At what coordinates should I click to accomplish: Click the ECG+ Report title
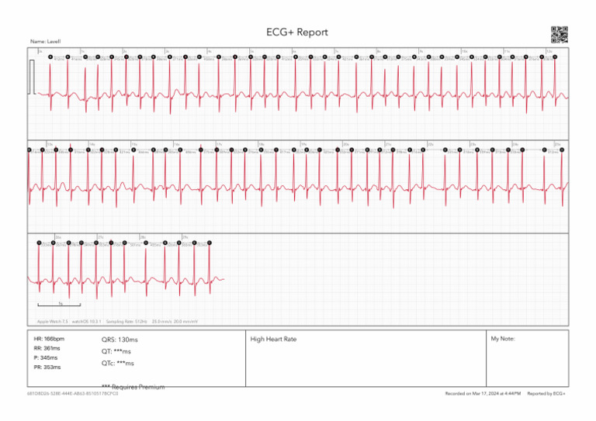297,33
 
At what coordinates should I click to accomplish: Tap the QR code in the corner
559,34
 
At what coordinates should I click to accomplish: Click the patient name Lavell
46,41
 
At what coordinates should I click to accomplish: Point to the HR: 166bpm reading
49,340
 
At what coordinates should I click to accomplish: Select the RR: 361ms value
47,349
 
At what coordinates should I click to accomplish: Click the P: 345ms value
46,358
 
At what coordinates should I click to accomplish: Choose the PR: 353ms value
47,368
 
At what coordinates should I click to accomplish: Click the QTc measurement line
118,363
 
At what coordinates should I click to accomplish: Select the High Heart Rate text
273,340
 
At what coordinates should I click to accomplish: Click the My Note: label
504,340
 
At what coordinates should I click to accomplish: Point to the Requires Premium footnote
133,386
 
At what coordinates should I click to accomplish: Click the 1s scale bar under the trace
59,304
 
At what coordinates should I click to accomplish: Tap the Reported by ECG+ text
546,394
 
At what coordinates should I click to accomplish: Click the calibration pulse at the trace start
32,78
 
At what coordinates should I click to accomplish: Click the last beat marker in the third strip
210,243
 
